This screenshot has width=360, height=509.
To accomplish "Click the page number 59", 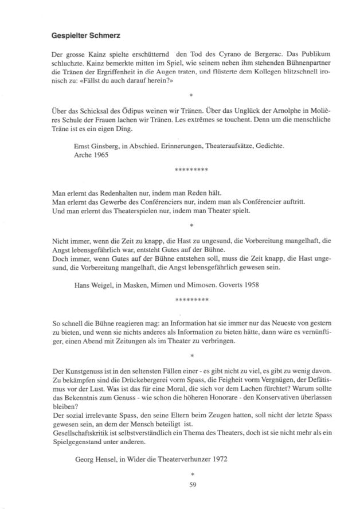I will (193, 484).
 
